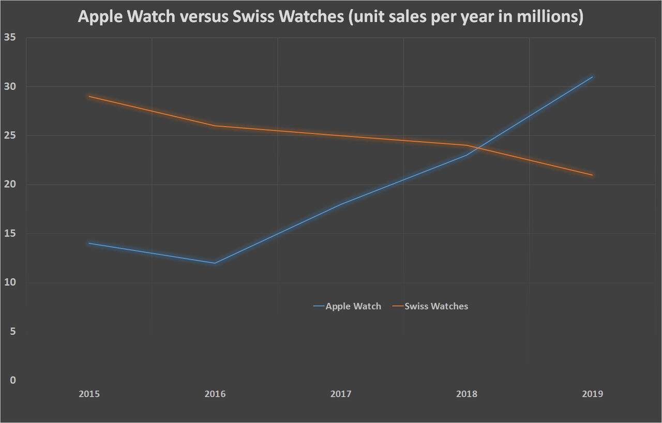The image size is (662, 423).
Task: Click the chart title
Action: [x=330, y=17]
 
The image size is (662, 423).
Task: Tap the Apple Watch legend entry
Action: [x=347, y=306]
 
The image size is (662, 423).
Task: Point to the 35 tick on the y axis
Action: [x=12, y=38]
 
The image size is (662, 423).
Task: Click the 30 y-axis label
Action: [x=12, y=86]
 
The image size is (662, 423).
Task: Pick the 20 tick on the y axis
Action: [x=12, y=185]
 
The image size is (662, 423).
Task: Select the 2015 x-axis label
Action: [x=89, y=394]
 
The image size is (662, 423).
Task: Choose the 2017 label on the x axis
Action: [x=341, y=394]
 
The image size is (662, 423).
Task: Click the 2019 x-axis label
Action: [x=592, y=394]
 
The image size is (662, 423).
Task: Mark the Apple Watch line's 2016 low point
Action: [x=215, y=263]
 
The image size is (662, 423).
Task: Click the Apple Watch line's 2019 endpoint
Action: [x=592, y=77]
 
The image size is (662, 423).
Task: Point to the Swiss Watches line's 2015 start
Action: [x=89, y=96]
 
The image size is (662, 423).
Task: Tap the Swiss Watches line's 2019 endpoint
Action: [x=592, y=175]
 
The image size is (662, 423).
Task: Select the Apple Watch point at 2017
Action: [x=341, y=204]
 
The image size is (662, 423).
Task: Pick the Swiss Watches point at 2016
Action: [x=215, y=126]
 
